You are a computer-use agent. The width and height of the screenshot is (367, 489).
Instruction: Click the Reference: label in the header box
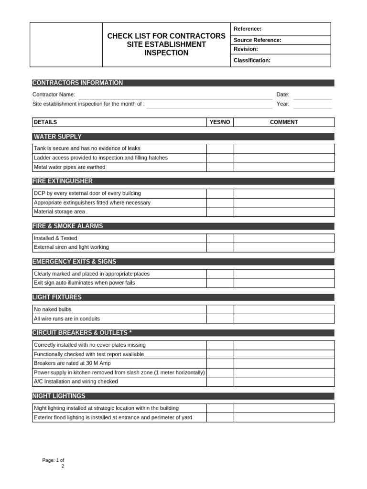coord(247,29)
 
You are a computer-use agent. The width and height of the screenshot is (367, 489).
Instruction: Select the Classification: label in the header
coord(252,61)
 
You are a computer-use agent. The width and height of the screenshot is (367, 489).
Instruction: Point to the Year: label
coord(282,104)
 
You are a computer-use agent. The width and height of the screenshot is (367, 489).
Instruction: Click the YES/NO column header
coord(220,122)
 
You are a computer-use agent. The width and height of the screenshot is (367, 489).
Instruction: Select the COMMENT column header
coord(284,122)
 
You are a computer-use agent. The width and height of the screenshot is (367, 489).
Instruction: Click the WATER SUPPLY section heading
coord(57,137)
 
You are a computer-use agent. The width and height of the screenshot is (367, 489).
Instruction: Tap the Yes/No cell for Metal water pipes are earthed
coord(220,167)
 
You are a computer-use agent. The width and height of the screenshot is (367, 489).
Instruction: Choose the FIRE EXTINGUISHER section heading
coord(63,181)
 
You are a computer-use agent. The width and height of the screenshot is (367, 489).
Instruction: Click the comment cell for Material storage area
coord(284,212)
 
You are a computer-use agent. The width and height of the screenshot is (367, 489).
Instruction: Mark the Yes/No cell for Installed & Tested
coord(220,238)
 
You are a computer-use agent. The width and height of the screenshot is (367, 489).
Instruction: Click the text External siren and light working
coord(71,247)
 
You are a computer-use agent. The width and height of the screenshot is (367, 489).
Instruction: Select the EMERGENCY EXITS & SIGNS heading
coord(74,262)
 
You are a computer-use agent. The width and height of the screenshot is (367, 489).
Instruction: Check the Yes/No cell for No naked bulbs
coord(220,309)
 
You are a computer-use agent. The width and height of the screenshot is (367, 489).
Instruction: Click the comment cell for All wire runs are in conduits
coord(284,319)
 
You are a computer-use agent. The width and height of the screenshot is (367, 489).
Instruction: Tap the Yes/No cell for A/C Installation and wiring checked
coord(220,382)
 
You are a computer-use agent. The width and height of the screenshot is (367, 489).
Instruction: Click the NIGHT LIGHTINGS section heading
coord(59,396)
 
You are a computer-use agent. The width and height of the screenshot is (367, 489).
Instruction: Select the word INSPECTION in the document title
coord(166,53)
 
